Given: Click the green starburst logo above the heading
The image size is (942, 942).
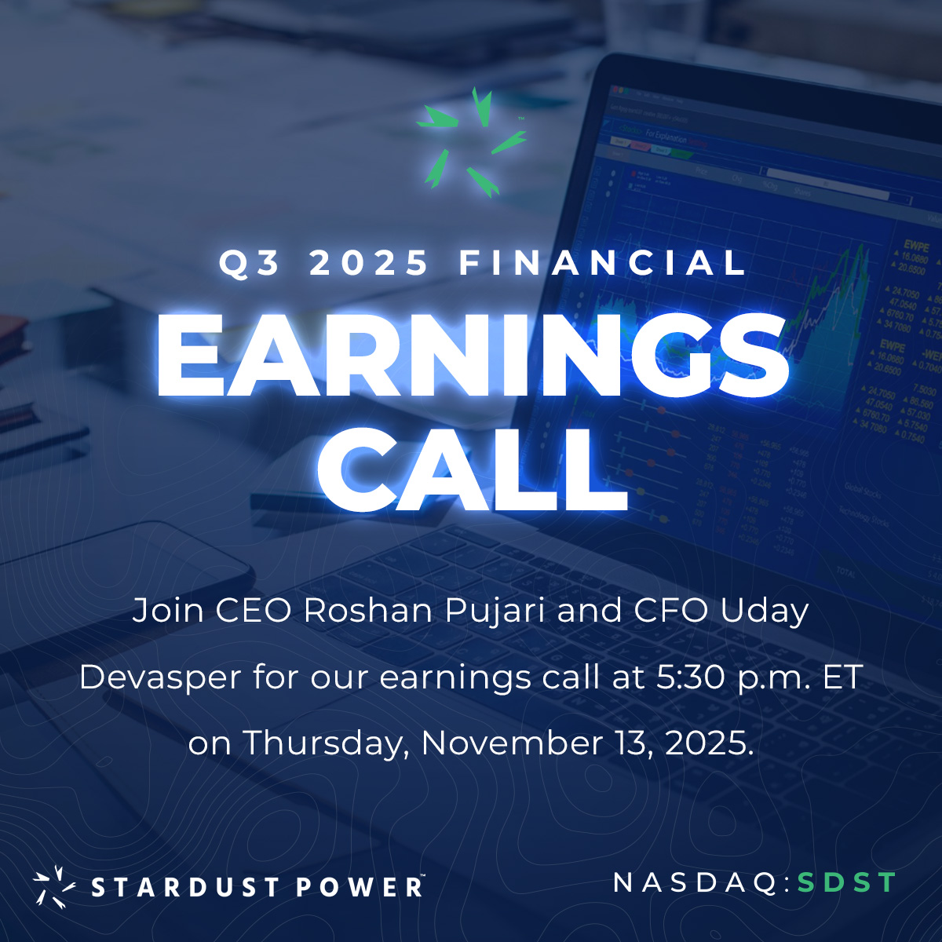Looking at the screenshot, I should [471, 143].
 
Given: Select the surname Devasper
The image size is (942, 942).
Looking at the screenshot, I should [160, 677].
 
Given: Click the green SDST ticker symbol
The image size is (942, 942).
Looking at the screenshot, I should [846, 882].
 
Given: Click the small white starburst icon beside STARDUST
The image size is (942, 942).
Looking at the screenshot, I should [54, 886].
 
